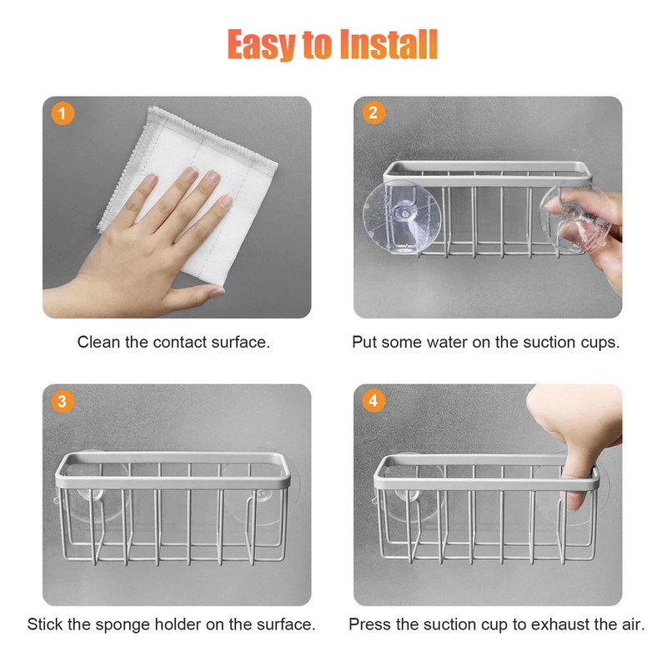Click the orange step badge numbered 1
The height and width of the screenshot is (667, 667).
(x=63, y=113)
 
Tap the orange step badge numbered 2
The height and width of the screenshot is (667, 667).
(x=374, y=113)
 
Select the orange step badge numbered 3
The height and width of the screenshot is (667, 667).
(x=63, y=401)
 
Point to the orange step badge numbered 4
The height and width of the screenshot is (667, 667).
(x=374, y=400)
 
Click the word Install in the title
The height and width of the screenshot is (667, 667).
(x=389, y=44)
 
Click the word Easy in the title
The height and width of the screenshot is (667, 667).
(x=261, y=45)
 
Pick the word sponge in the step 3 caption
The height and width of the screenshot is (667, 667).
(x=123, y=625)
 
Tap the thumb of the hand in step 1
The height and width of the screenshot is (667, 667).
(x=193, y=296)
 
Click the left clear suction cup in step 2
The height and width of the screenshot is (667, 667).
(x=402, y=217)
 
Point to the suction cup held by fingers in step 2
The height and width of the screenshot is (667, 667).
(x=575, y=219)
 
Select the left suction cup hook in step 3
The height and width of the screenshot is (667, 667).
(x=90, y=494)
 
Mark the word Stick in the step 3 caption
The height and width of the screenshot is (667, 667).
(x=45, y=624)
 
